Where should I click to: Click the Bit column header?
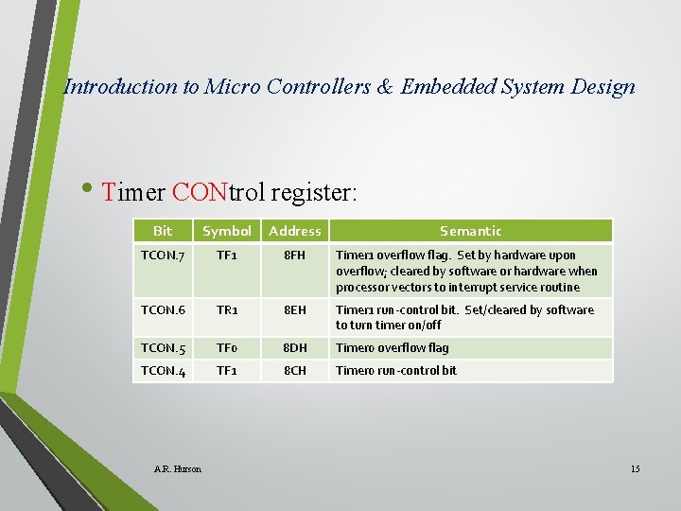[x=163, y=231]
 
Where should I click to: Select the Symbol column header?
[x=227, y=231]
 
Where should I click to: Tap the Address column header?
[x=294, y=231]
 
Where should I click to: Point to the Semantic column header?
[x=470, y=231]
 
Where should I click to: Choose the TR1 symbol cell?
[x=227, y=310]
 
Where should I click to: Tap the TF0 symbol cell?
[x=227, y=348]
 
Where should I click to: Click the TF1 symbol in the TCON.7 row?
[x=227, y=255]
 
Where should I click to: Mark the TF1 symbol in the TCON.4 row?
[x=227, y=371]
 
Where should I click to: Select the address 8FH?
[x=294, y=255]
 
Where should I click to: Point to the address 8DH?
[x=294, y=348]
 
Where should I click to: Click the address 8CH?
[x=294, y=371]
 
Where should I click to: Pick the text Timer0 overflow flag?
[x=393, y=348]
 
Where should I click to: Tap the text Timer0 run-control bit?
[x=396, y=371]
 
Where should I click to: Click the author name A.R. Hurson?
[x=177, y=469]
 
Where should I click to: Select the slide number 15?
[x=635, y=469]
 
